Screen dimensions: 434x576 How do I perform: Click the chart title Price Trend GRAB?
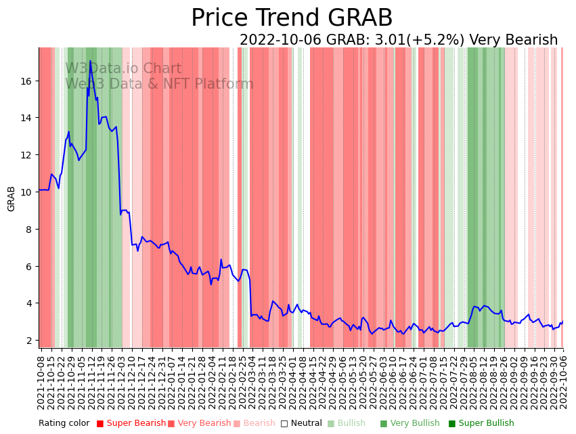(292, 18)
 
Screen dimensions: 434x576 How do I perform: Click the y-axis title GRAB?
(11, 198)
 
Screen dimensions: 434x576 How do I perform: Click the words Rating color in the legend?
(64, 424)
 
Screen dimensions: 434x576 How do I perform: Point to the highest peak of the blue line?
(90, 61)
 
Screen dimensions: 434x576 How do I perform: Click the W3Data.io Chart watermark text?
(123, 69)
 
